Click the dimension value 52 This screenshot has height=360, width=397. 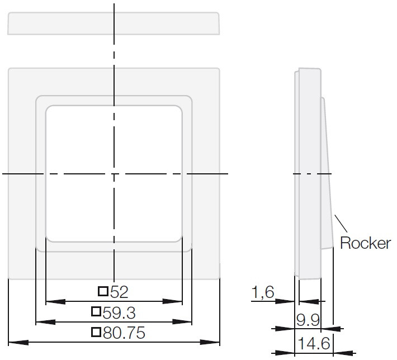click(x=119, y=292)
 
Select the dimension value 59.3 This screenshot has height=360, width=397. click(x=119, y=312)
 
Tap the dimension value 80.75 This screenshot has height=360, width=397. click(x=124, y=333)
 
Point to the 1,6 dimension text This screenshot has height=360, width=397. click(x=263, y=292)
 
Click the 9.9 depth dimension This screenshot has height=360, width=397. click(x=308, y=320)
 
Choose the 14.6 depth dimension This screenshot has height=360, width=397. click(x=314, y=344)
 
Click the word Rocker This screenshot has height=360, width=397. click(x=365, y=243)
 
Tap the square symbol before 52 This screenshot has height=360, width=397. click(x=103, y=291)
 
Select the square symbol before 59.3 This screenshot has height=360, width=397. click(x=96, y=311)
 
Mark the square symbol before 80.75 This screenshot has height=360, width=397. click(x=96, y=332)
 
